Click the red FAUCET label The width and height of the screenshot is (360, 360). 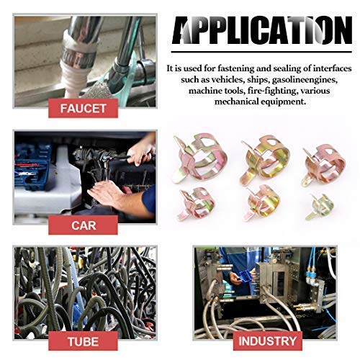point(84,109)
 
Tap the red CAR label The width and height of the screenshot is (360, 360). point(84,225)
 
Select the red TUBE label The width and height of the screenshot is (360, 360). point(84,341)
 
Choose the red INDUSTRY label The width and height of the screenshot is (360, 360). point(266,341)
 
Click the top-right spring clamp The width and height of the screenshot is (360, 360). point(321,163)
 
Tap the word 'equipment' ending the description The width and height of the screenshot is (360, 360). point(282,102)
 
